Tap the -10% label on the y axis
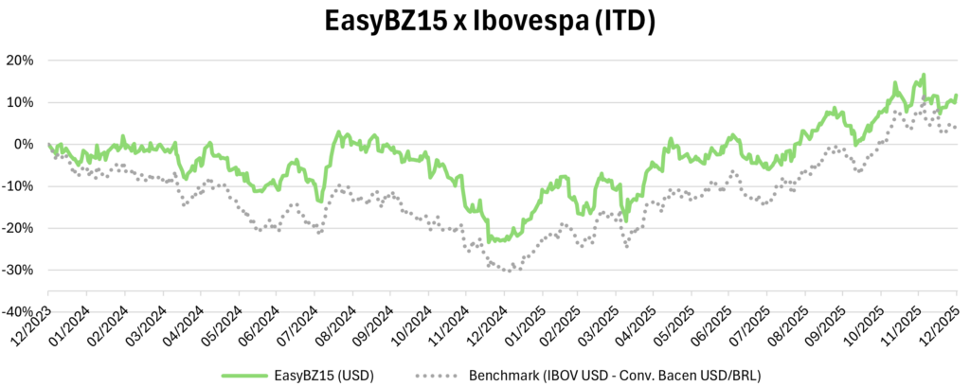click(20, 186)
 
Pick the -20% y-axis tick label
click(20, 228)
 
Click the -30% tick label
click(20, 270)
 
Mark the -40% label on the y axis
click(20, 311)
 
